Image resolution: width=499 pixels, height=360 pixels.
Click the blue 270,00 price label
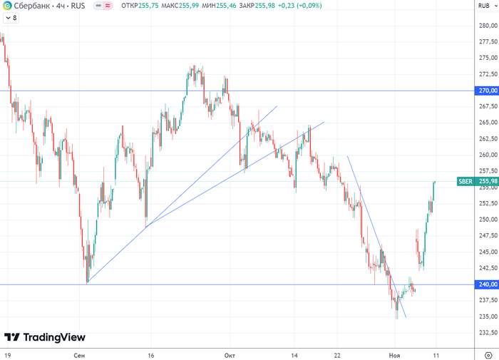488,91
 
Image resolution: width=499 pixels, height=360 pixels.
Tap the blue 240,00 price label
488,285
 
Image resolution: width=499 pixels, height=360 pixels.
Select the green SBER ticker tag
465,182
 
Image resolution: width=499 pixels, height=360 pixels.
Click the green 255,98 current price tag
488,182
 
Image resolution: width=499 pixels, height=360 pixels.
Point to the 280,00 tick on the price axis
488,25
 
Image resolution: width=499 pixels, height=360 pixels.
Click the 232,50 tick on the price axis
488,333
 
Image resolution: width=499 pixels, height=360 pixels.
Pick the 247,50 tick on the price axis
488,235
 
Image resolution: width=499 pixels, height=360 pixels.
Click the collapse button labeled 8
11,18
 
